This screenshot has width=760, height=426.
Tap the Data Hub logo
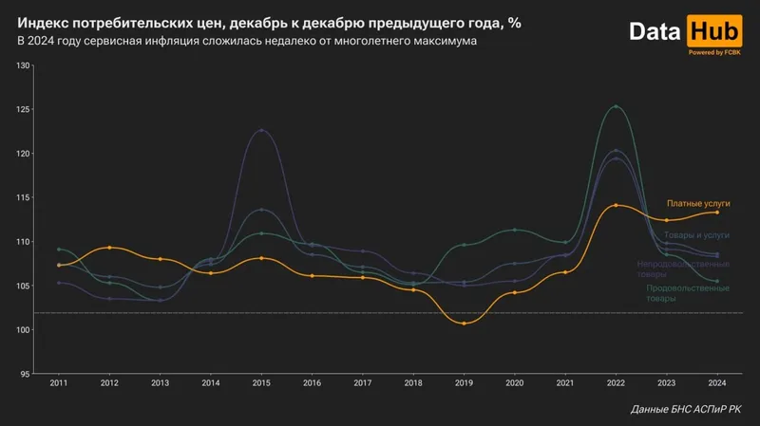click(x=684, y=31)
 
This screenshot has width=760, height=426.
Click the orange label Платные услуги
click(x=698, y=204)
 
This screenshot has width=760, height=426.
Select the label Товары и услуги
click(x=696, y=233)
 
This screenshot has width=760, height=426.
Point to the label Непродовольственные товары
click(x=682, y=269)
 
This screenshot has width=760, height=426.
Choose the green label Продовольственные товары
click(x=688, y=292)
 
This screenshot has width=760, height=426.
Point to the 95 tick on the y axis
click(x=27, y=374)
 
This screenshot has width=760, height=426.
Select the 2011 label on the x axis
click(x=59, y=382)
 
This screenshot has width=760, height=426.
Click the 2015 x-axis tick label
click(x=261, y=382)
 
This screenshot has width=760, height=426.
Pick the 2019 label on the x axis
click(x=464, y=382)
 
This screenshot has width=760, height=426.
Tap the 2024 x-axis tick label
click(x=717, y=382)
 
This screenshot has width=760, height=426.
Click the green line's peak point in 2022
click(x=617, y=106)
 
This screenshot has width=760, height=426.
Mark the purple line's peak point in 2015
click(x=261, y=130)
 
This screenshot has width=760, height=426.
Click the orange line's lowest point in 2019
click(x=464, y=324)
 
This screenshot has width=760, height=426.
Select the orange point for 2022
click(x=617, y=205)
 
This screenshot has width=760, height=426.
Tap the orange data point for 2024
click(x=717, y=213)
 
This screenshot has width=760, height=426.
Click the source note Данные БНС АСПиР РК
click(x=687, y=409)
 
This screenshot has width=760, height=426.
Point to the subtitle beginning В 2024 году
click(x=248, y=42)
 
